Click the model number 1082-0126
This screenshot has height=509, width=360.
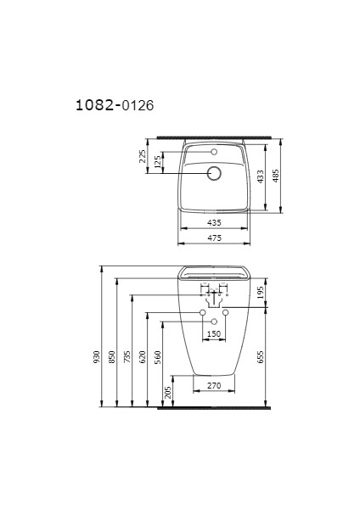[115, 105]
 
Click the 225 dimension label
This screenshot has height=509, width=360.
[143, 158]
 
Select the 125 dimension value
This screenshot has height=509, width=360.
[159, 163]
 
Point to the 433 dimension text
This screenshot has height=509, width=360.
[262, 176]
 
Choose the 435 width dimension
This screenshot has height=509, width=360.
[214, 222]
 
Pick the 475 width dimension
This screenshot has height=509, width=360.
[214, 238]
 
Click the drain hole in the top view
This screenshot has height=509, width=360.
[214, 173]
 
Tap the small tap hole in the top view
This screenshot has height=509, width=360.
[214, 152]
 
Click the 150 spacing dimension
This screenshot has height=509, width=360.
[214, 334]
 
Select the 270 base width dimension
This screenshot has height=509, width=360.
[214, 386]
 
